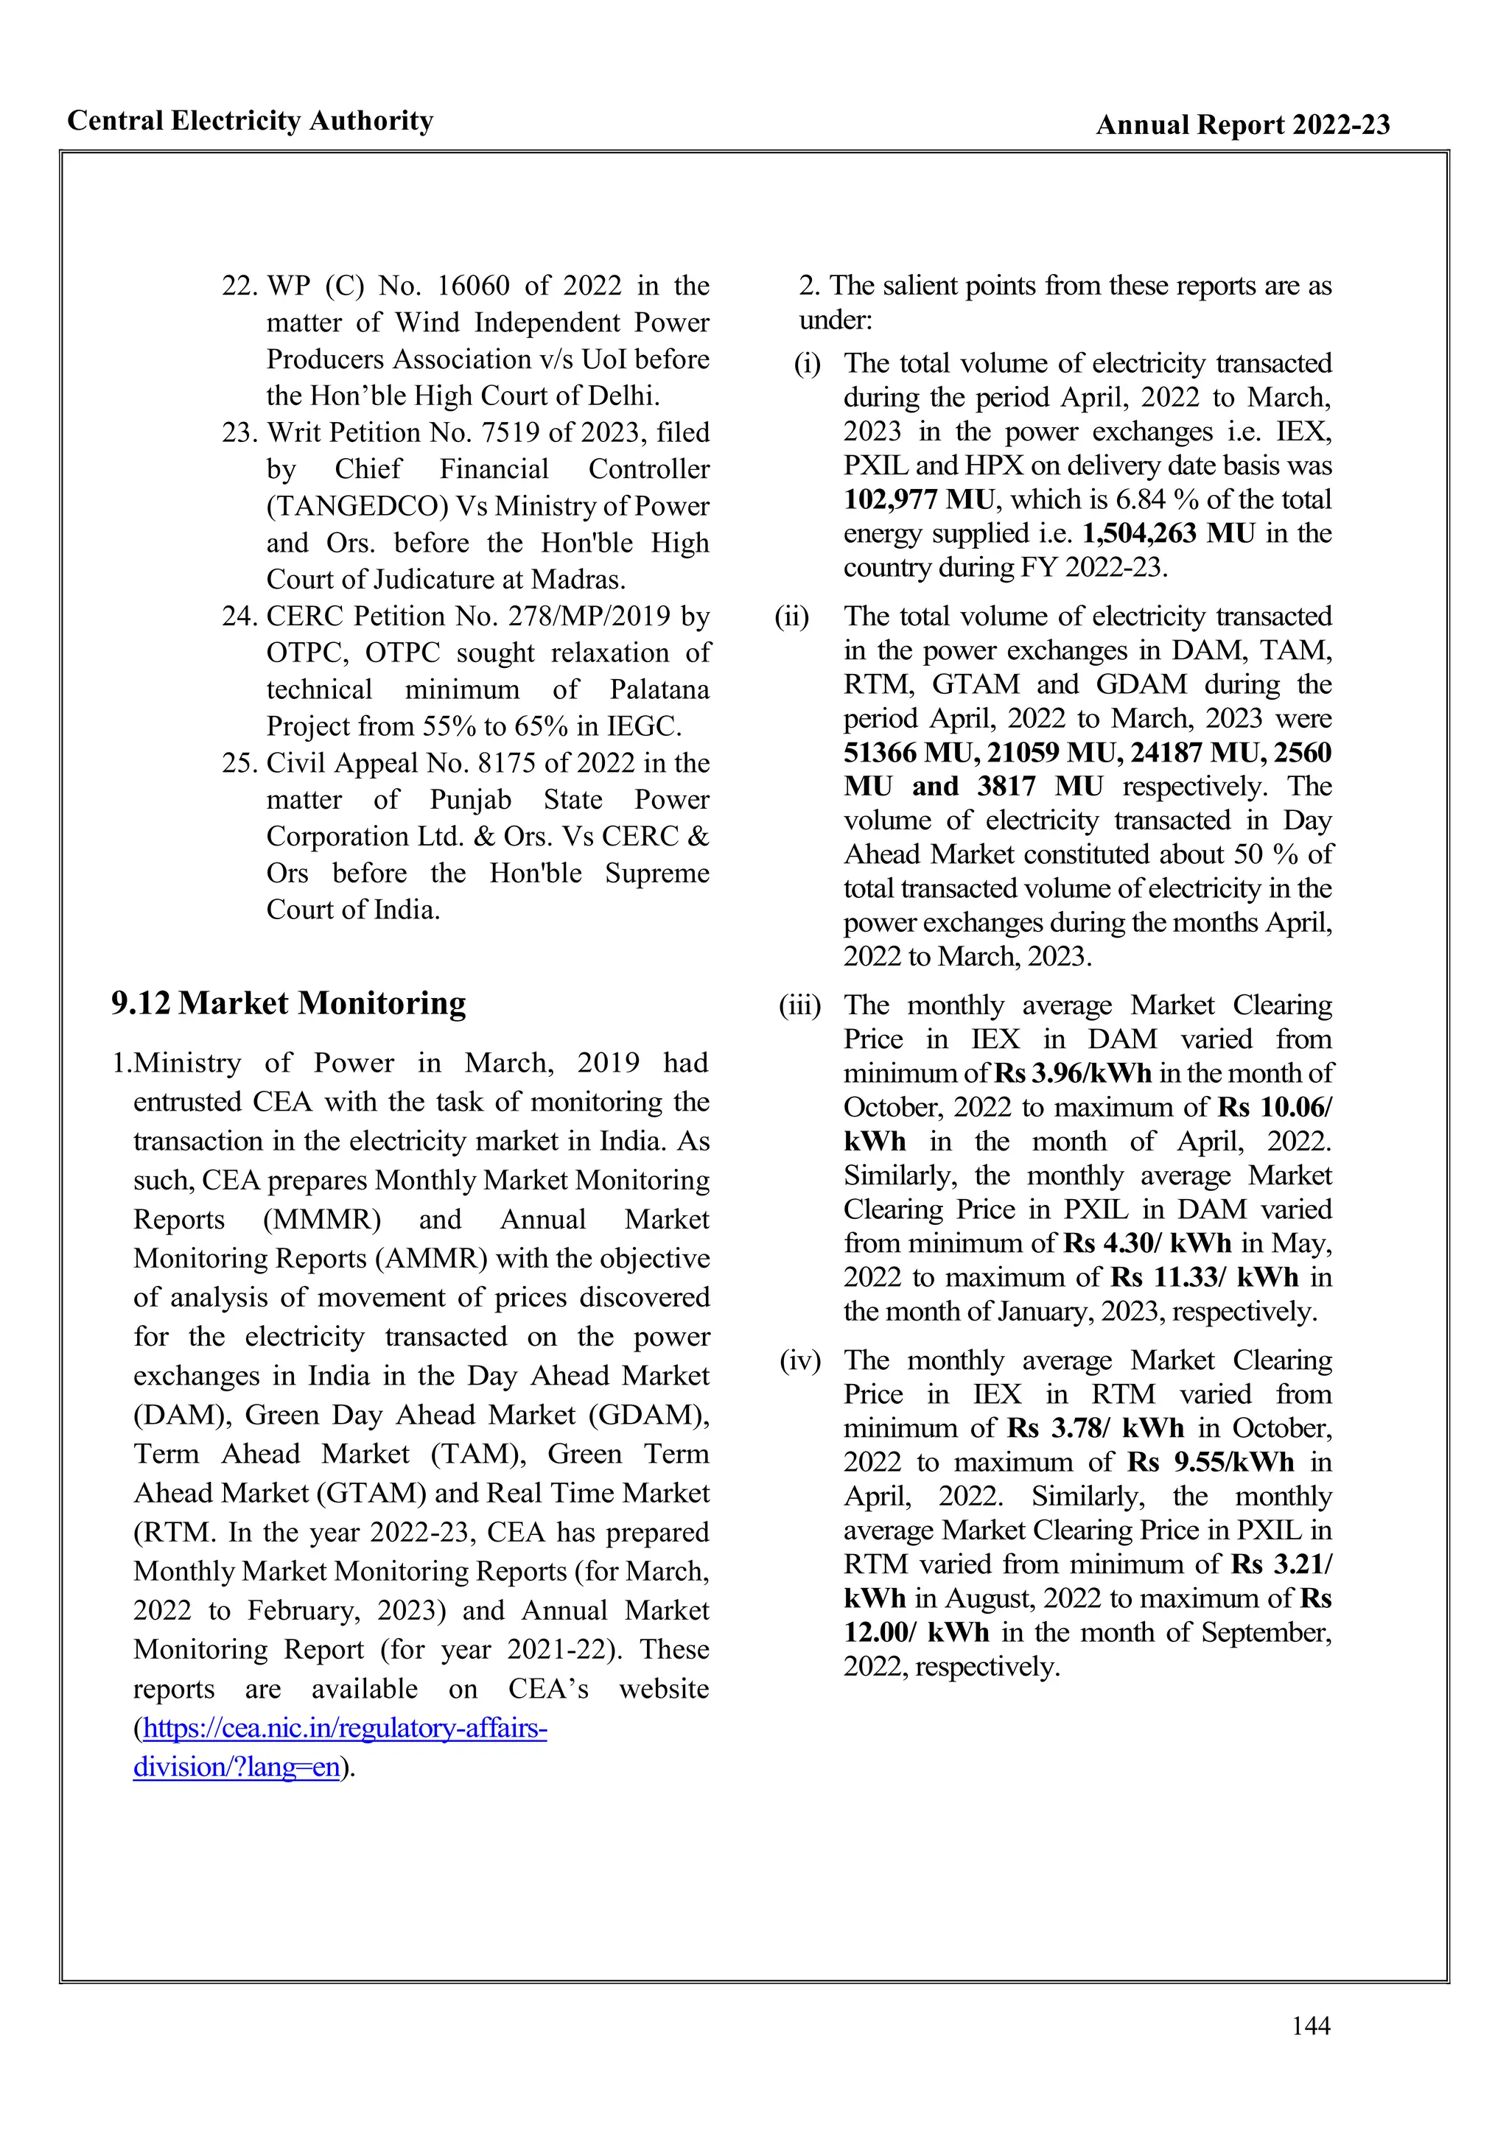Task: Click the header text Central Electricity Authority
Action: [x=250, y=121]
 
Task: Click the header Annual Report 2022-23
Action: [x=1242, y=124]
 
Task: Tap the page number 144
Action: [x=1310, y=2025]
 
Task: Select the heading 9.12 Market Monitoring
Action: [x=288, y=1003]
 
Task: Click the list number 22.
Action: [x=239, y=285]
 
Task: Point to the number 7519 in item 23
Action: [x=511, y=433]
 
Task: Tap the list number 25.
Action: [x=239, y=763]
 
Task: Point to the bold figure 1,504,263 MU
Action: [x=1168, y=534]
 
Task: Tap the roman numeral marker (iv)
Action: [x=800, y=1361]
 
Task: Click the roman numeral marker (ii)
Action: [x=791, y=617]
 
